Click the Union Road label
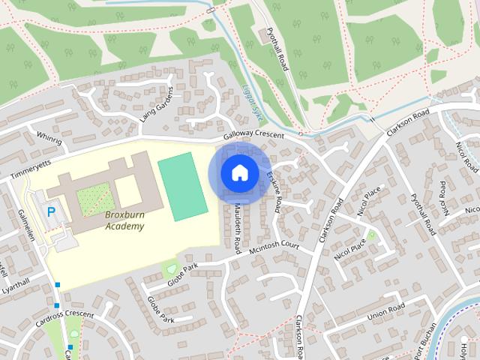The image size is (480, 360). [x=386, y=310]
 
